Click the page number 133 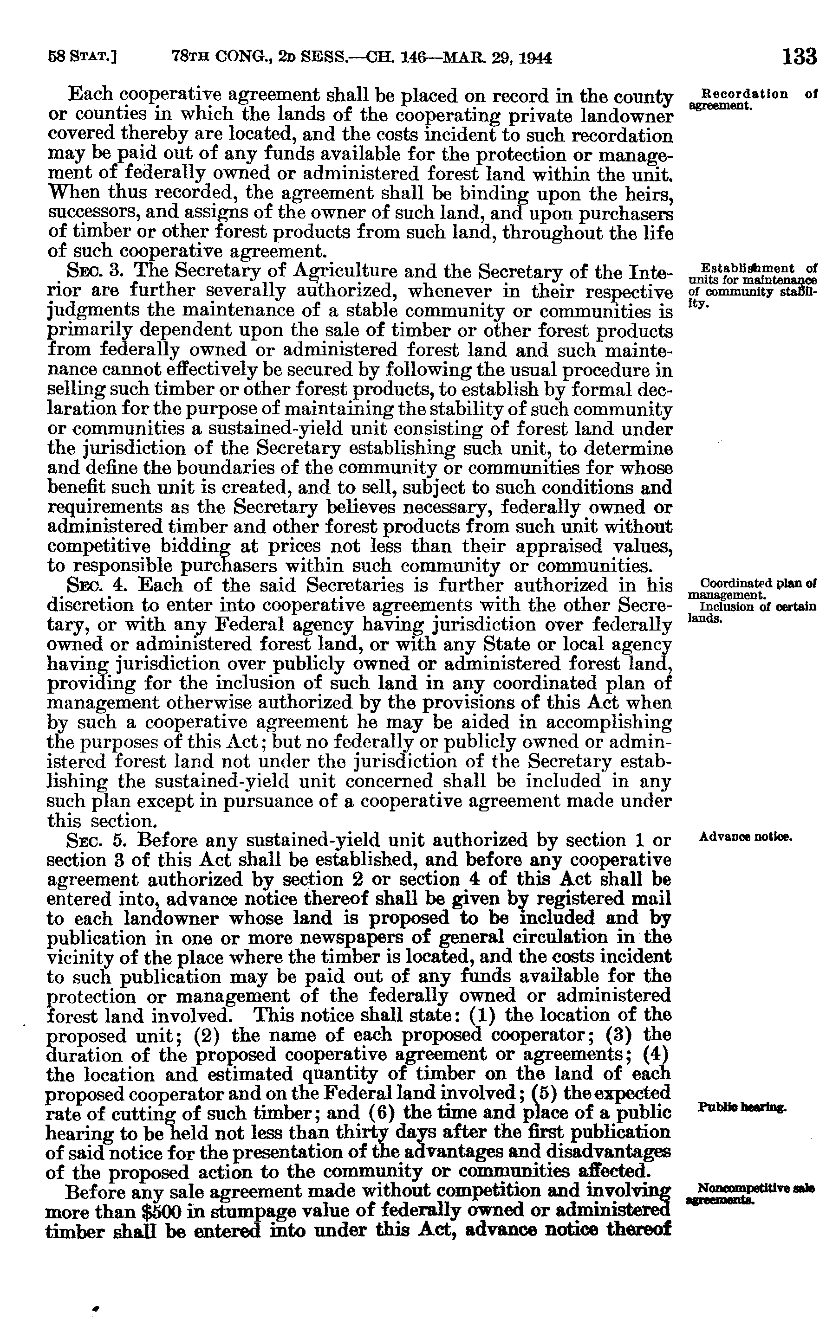(x=800, y=57)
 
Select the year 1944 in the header (x=536, y=58)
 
